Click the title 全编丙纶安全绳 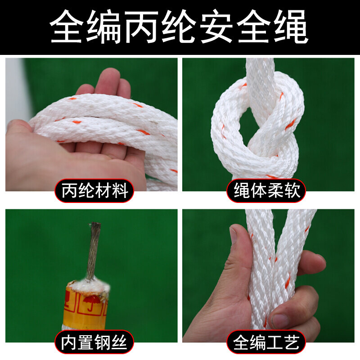point(180,28)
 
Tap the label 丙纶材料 point(94,191)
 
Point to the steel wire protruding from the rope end point(94,250)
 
